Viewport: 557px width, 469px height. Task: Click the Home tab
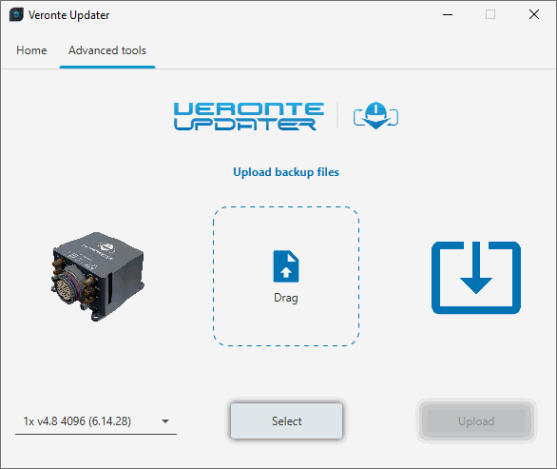coord(31,50)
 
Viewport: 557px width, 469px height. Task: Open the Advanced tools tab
coord(107,50)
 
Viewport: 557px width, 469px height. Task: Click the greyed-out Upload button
coord(476,421)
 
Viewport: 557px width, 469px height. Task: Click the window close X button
coord(534,14)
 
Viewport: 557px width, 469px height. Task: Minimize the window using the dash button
coord(448,15)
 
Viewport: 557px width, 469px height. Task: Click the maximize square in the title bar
coord(490,14)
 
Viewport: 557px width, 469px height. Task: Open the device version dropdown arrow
coord(165,421)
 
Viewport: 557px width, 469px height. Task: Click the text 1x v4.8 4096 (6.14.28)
coord(77,421)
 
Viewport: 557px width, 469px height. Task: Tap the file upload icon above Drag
coord(286,266)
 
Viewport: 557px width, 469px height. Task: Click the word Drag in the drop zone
coord(286,298)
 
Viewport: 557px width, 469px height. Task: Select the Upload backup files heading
coord(286,172)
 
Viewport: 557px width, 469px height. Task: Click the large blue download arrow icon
coord(476,278)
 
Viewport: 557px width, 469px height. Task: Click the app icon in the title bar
coord(16,15)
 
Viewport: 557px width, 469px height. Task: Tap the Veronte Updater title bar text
coord(69,15)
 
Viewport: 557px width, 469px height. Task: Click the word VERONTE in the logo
coord(249,108)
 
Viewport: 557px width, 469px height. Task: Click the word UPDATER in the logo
coord(245,125)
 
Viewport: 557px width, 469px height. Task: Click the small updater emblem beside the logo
coord(375,116)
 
